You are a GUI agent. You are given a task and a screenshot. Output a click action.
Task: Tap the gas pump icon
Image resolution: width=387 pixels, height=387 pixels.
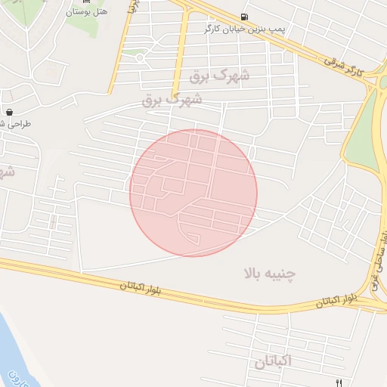pos(243,17)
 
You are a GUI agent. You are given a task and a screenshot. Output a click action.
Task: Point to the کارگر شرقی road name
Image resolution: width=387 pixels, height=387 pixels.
pos(349,67)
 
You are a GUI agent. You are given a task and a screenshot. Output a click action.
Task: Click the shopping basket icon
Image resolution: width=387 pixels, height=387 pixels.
pos(9,111)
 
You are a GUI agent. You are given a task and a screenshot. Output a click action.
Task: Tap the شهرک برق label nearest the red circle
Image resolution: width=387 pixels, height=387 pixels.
pos(172,100)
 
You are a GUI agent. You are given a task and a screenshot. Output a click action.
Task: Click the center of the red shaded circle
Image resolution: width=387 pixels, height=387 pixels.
pos(193,193)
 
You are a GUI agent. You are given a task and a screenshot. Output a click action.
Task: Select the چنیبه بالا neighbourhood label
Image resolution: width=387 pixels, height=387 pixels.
pos(269,273)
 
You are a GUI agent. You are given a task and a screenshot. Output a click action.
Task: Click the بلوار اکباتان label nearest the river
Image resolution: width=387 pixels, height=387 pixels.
pos(149,289)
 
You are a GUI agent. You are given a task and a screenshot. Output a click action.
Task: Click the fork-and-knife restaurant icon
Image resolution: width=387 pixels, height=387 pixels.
pos(339,382)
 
